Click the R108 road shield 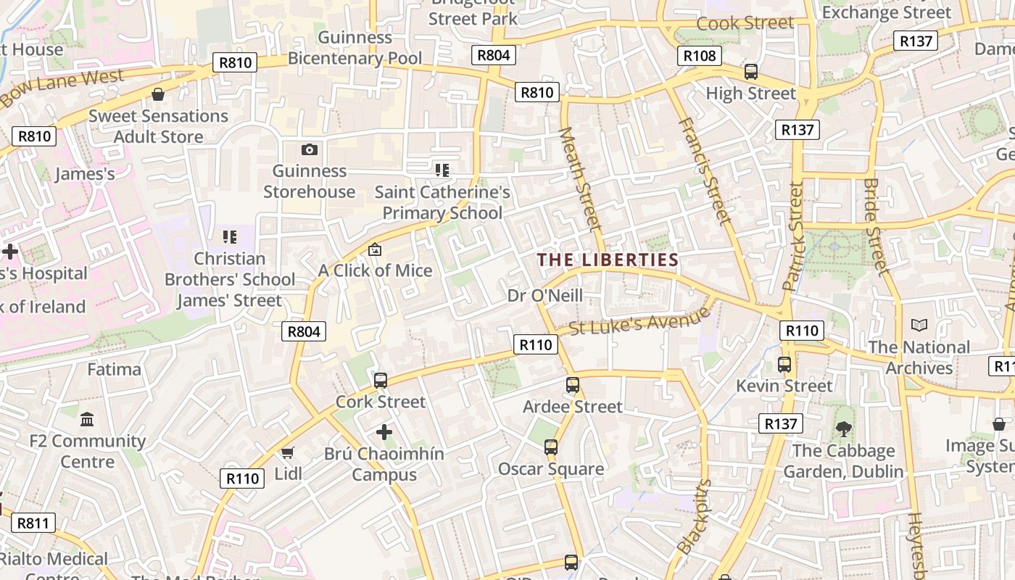700,55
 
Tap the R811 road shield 33,523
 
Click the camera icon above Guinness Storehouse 310,149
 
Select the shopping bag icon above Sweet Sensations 158,94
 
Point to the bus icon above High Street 751,72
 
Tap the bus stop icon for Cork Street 380,381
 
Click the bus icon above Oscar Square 551,447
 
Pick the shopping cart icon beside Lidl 288,453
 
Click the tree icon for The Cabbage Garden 843,429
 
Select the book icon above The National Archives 919,326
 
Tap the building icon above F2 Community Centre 88,419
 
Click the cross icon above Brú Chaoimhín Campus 384,433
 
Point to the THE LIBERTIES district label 608,260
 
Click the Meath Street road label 581,179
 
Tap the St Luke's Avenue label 639,321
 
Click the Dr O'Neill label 545,295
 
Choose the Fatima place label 115,369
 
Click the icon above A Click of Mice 375,249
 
